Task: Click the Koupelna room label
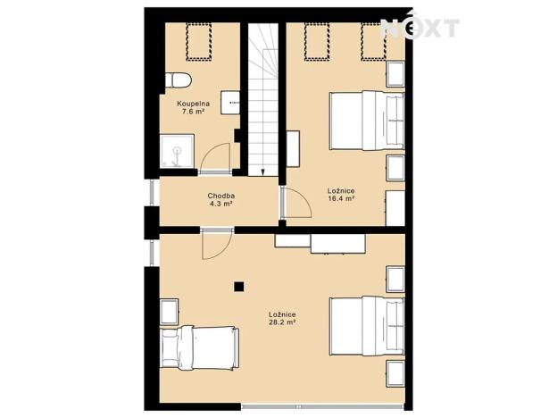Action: [x=194, y=104]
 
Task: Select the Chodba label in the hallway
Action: [x=220, y=196]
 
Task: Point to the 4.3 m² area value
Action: [x=220, y=205]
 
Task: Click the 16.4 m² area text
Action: [x=342, y=199]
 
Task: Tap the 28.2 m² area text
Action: [x=282, y=322]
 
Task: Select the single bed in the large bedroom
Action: [x=200, y=347]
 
